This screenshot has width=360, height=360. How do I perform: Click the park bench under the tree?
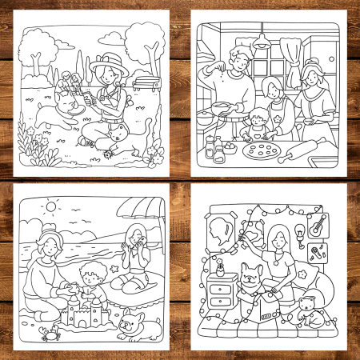tap(143, 80)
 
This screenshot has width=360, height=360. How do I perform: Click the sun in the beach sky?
tap(51, 207)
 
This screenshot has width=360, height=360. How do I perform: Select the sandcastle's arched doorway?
tap(80, 321)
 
